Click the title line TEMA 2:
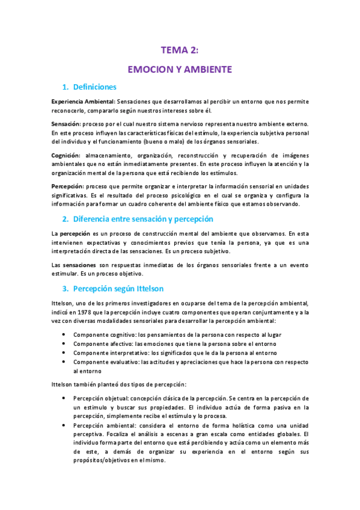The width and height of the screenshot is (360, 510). pyautogui.click(x=180, y=50)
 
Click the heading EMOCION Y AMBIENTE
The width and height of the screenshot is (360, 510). pyautogui.click(x=180, y=70)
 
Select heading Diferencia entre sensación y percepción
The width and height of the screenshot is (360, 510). pyautogui.click(x=142, y=218)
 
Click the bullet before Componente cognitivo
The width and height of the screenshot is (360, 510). pyautogui.click(x=64, y=334)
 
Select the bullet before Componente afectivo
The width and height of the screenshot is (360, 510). pyautogui.click(x=64, y=343)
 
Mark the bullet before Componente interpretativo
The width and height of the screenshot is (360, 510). pyautogui.click(x=64, y=353)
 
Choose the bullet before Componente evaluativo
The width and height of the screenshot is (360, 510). pyautogui.click(x=64, y=363)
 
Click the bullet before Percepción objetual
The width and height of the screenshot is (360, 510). pyautogui.click(x=64, y=398)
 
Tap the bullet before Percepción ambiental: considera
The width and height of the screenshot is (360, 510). pyautogui.click(x=64, y=425)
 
